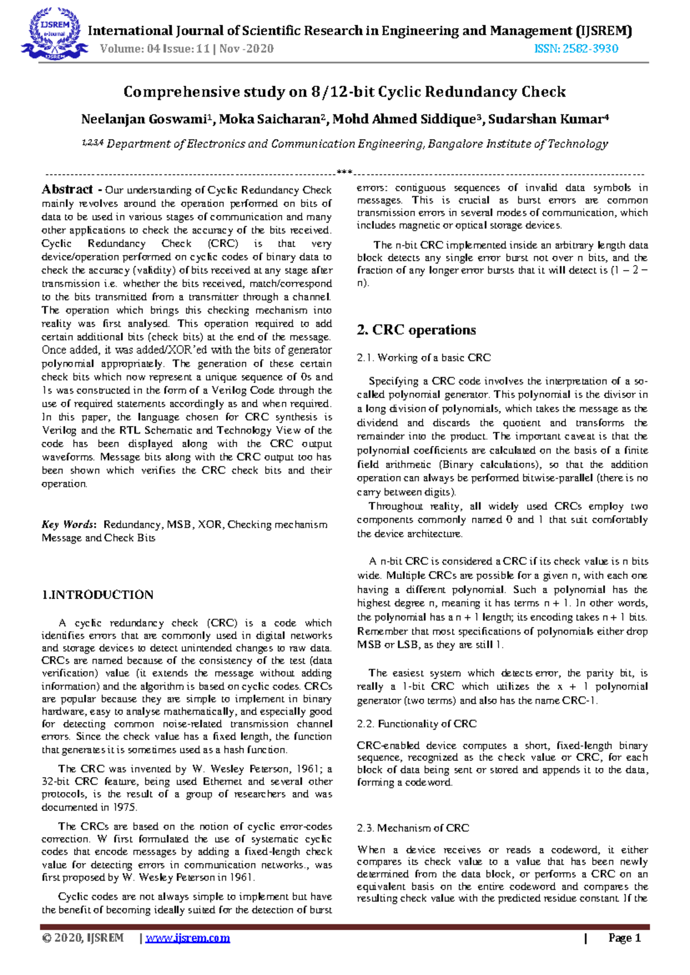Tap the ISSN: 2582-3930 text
pos(576,49)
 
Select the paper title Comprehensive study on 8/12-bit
pos(344,92)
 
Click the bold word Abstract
pos(67,190)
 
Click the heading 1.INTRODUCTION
pos(97,595)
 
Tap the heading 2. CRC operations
pos(416,330)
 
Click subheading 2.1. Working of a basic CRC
pos(423,358)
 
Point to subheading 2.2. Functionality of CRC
pos(416,724)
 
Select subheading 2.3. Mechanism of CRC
pos(412,828)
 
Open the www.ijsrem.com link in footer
pos(188,938)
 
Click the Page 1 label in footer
pos(624,938)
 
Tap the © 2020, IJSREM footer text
pos(83,938)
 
